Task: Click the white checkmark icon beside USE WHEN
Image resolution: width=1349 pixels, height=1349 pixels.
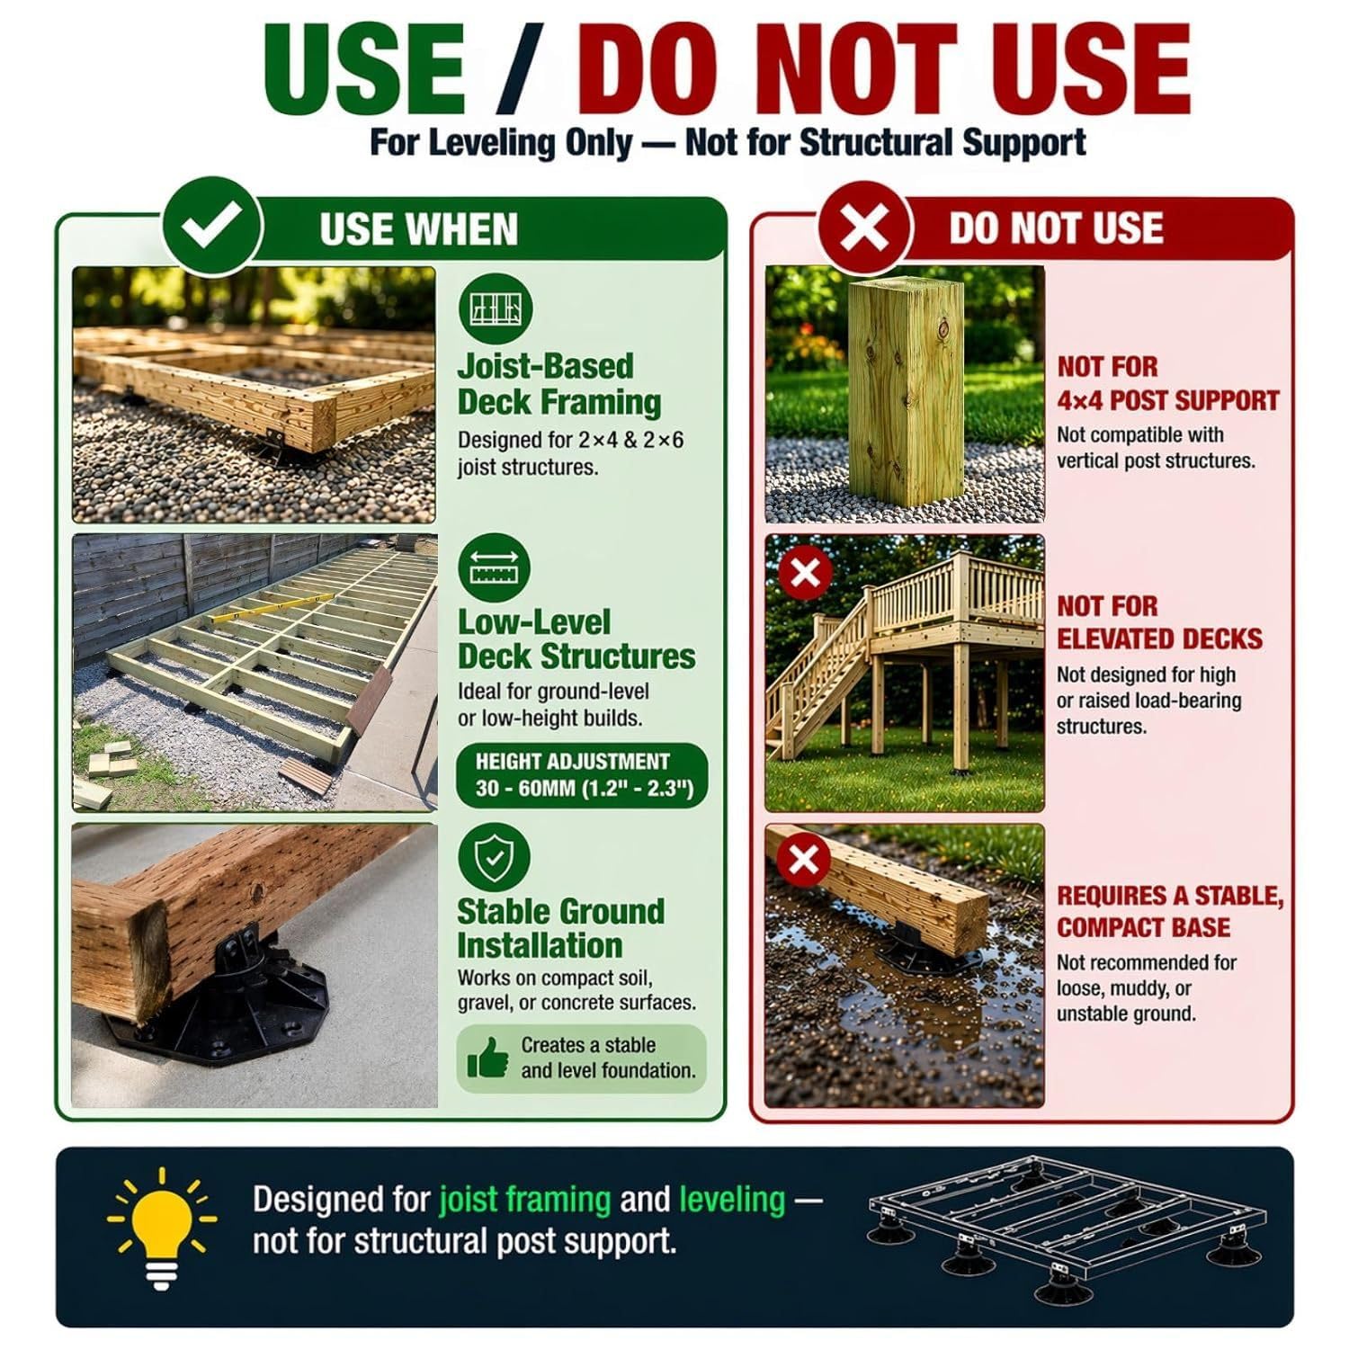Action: click(210, 228)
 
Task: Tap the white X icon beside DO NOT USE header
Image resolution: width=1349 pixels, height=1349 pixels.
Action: click(865, 227)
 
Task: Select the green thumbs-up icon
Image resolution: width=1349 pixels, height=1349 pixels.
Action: click(487, 1058)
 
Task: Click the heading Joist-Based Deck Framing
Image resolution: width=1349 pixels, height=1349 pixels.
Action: click(559, 384)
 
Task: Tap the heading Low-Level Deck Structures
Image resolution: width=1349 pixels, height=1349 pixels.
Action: click(576, 639)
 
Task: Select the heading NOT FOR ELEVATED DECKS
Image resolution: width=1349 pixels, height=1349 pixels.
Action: click(1159, 622)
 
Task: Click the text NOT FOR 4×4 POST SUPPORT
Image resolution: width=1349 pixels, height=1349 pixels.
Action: click(1167, 383)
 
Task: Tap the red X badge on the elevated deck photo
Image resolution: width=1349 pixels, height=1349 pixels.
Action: click(805, 573)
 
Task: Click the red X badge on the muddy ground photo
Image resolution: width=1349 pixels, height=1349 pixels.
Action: click(803, 859)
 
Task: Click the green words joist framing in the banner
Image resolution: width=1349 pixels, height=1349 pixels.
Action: click(524, 1199)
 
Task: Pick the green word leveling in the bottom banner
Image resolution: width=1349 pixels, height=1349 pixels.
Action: click(732, 1199)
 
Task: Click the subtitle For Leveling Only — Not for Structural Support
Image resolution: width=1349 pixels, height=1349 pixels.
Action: click(728, 142)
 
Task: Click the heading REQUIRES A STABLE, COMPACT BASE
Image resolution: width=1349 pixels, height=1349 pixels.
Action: click(1170, 911)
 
